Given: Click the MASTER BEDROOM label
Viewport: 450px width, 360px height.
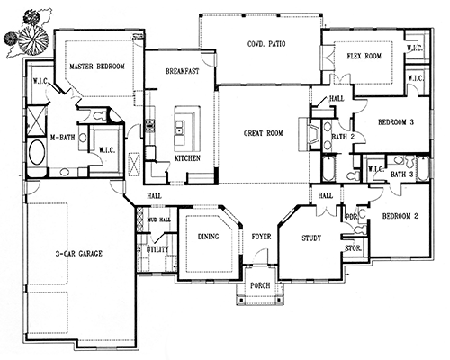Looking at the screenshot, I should tap(97, 67).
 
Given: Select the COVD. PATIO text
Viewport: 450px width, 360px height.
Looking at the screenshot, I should tap(267, 44).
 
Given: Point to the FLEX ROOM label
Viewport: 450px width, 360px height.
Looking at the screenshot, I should tap(365, 57).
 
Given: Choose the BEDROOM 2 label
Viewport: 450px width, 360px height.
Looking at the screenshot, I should tap(400, 217).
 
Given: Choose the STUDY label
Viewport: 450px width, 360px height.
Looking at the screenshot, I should tap(310, 239).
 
